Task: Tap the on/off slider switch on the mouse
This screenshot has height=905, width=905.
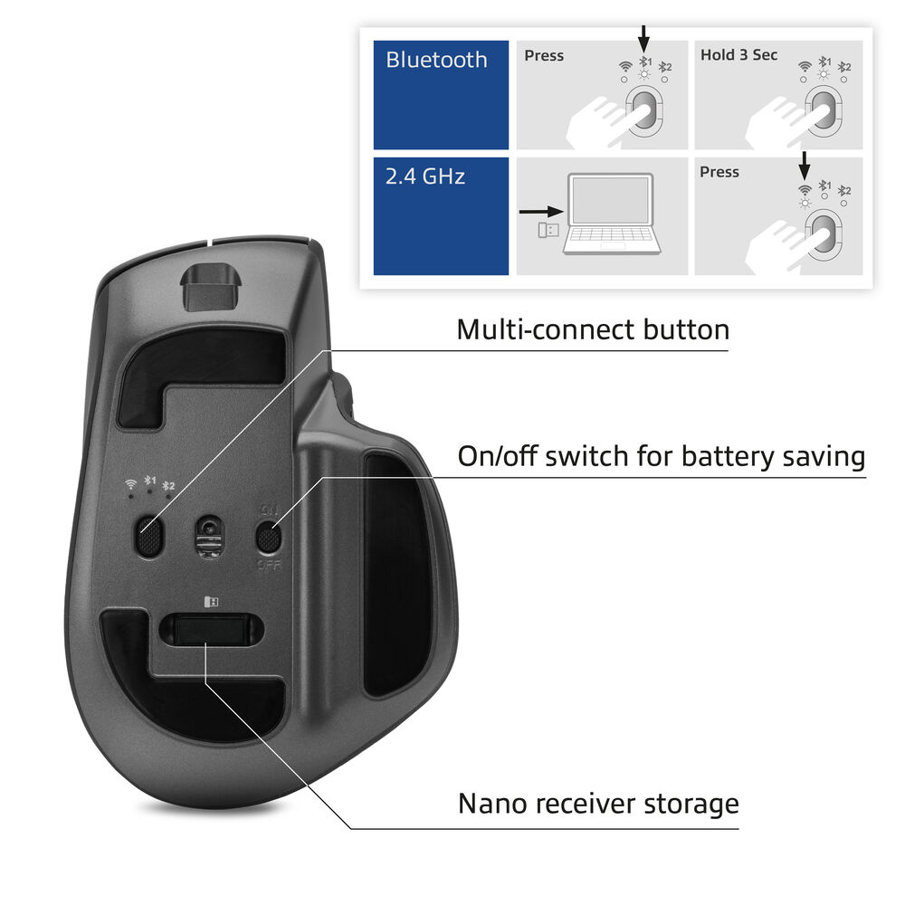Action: (268, 538)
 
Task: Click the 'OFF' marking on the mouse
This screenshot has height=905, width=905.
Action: (269, 564)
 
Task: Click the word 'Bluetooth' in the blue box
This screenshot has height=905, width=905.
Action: (436, 60)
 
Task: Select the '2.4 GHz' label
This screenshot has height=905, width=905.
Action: (425, 176)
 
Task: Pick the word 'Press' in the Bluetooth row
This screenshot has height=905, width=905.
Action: (544, 55)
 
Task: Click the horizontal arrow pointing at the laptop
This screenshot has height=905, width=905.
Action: (541, 213)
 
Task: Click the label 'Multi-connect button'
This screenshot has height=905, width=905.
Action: (593, 329)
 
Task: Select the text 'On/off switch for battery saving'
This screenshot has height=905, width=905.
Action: (661, 456)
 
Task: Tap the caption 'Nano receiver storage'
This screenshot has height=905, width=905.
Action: (598, 804)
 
